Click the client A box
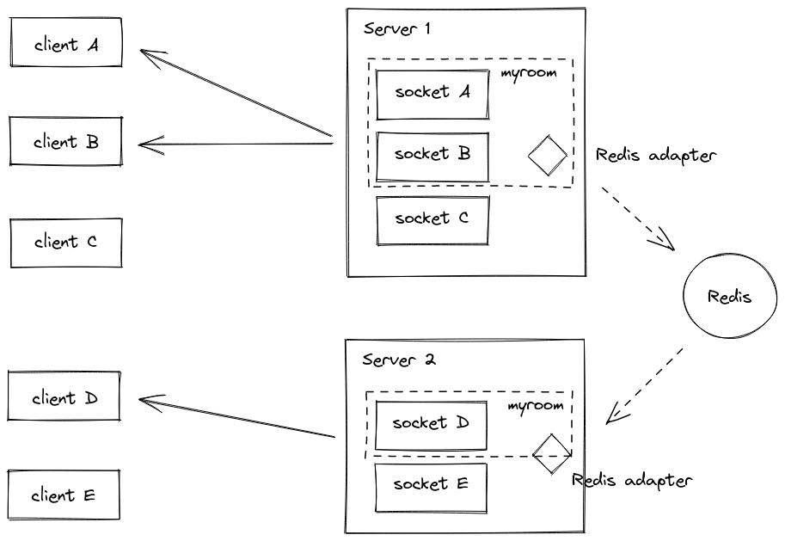66,43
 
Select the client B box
66,142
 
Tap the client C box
66,243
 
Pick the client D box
64,397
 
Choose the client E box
64,495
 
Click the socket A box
432,93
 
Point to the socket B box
432,156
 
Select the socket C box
432,219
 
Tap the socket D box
431,424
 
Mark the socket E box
431,485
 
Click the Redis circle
729,297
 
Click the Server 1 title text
397,28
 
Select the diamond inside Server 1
548,156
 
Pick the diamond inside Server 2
551,453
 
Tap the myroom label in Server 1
529,73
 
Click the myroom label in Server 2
536,405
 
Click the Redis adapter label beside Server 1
655,156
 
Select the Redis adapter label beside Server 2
632,480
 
